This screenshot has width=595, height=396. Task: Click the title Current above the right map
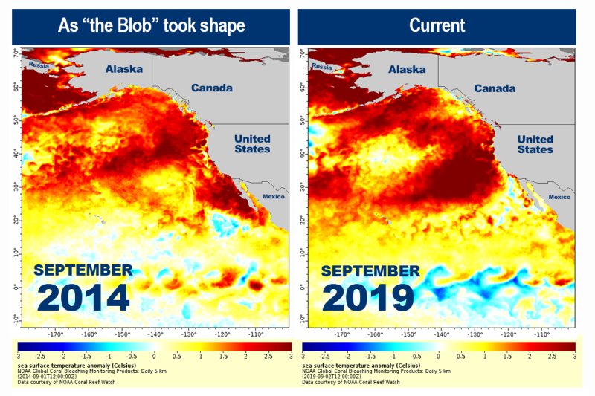(x=437, y=25)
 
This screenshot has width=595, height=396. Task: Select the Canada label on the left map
(x=212, y=88)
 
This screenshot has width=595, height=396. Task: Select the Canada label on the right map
(x=495, y=88)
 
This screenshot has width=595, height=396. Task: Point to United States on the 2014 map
(x=252, y=144)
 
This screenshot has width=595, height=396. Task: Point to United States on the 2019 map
(x=535, y=144)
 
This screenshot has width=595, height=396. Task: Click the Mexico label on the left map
(x=274, y=197)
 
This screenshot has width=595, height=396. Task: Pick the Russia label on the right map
(x=323, y=67)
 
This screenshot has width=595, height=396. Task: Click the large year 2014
(x=83, y=297)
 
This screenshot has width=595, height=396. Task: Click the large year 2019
(x=367, y=297)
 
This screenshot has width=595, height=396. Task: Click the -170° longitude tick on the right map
(x=341, y=334)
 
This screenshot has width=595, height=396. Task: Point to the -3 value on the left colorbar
(x=22, y=357)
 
